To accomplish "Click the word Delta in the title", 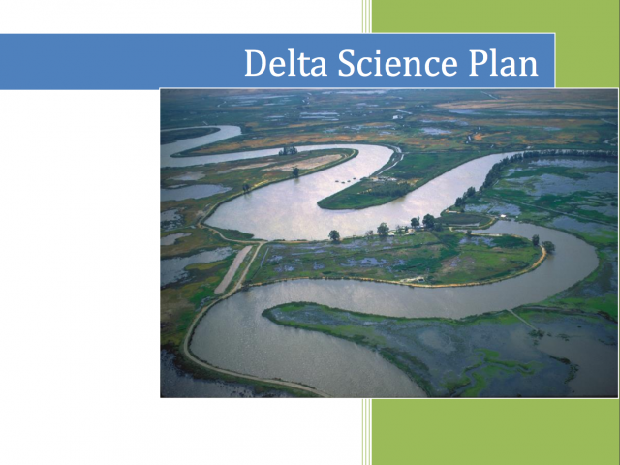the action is coord(286,62).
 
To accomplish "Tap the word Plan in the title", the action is coord(504,62).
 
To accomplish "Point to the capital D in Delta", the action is coord(256,63).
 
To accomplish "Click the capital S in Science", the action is coord(346,63).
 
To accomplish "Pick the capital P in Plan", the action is coord(478,63).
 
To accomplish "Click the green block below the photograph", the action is coord(496,432).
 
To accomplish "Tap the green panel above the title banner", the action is coord(496,16).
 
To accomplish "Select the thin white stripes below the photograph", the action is coord(366,432).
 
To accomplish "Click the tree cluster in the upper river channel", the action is coord(288,151).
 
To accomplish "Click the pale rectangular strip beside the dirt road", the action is coord(232,269).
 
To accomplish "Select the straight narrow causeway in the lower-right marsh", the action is coord(522,321).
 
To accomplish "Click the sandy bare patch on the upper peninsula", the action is coord(304,162).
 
